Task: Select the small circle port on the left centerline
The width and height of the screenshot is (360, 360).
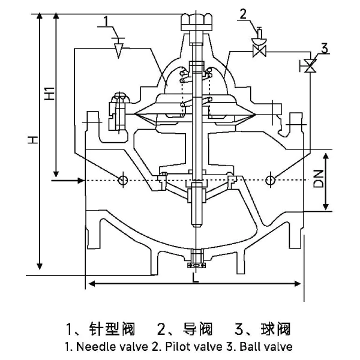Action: pos(122,179)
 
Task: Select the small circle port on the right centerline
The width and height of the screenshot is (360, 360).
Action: pos(270,179)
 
